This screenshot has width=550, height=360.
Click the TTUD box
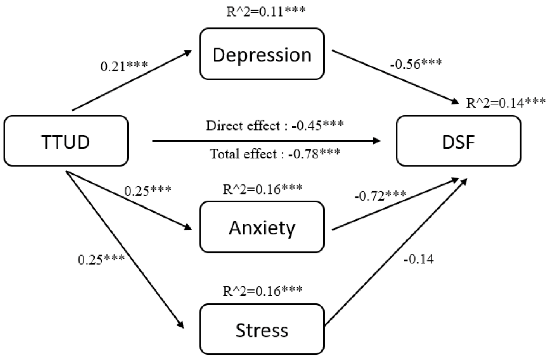coord(66,141)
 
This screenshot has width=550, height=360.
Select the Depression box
coord(262,54)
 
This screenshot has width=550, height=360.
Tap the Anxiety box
coord(262,227)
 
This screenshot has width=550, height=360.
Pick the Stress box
coord(262,329)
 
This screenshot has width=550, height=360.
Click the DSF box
coord(459,141)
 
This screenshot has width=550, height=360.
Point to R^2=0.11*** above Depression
coord(266,11)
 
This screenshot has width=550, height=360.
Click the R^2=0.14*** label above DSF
coord(506,103)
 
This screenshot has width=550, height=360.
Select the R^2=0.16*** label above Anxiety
coord(262,189)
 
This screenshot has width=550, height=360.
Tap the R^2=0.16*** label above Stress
coord(262,291)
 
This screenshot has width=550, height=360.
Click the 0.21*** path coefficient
coord(124,66)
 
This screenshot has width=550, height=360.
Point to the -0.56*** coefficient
coord(416,64)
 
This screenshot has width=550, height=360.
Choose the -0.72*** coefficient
coord(380,196)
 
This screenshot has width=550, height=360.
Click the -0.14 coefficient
coord(418,259)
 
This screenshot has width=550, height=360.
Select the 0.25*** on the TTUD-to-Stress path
coord(101,260)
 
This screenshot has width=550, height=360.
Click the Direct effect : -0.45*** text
coord(274,126)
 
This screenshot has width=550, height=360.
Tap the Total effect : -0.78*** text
coord(275,154)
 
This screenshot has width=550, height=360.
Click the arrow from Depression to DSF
coord(395,77)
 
